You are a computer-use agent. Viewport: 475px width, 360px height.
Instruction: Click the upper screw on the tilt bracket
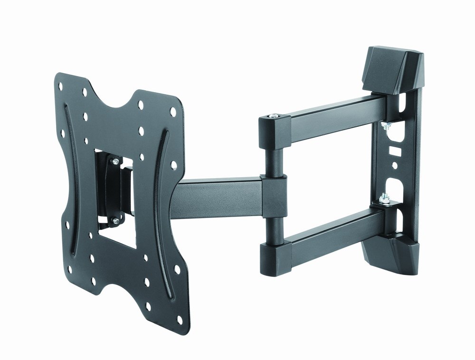pos(115,162)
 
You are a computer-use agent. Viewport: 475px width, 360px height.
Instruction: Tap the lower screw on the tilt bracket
pos(114,219)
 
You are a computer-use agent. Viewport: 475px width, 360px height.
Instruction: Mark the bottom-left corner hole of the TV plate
pos(70,269)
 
